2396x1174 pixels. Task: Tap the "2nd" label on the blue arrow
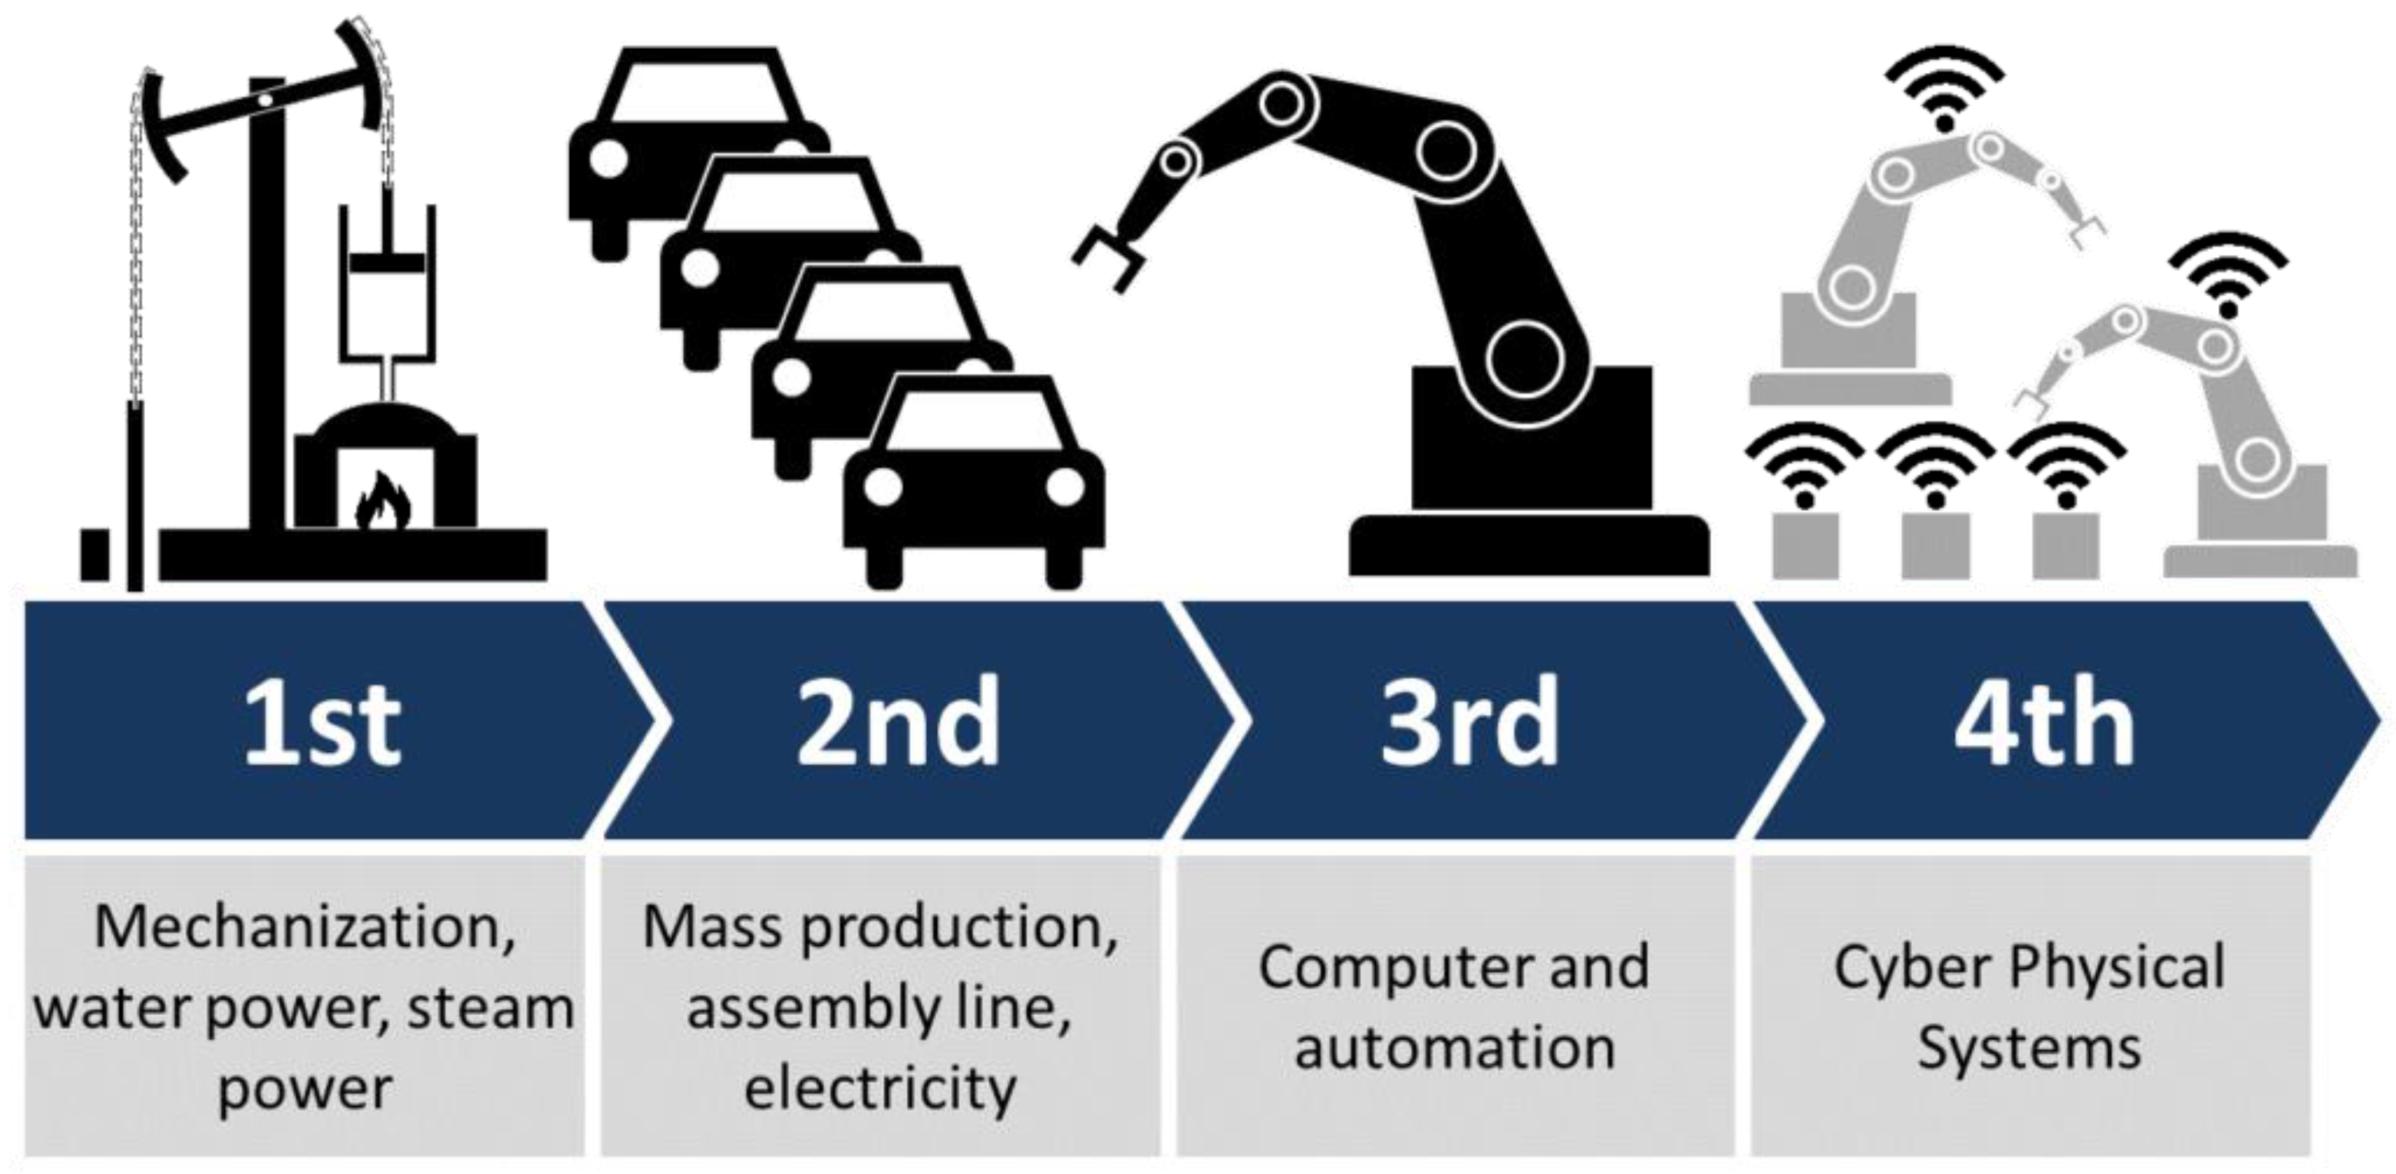[x=898, y=723]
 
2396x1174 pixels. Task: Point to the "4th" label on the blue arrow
[x=2043, y=723]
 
